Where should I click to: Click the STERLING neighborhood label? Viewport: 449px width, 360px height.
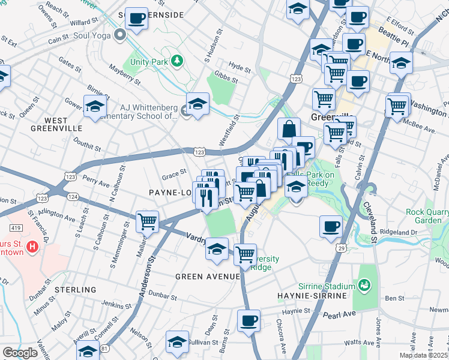click(76, 290)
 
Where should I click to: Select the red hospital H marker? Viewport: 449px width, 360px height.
click(34, 245)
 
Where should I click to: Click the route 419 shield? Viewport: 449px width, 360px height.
click(16, 228)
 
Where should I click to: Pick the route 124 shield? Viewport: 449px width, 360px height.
click(73, 196)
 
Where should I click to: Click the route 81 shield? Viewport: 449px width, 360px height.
click(106, 348)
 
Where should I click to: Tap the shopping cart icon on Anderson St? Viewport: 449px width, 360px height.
click(147, 221)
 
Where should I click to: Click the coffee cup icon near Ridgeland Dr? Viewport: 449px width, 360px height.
click(331, 226)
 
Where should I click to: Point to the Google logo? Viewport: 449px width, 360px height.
click(20, 353)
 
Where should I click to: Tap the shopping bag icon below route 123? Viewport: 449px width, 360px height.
click(289, 128)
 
